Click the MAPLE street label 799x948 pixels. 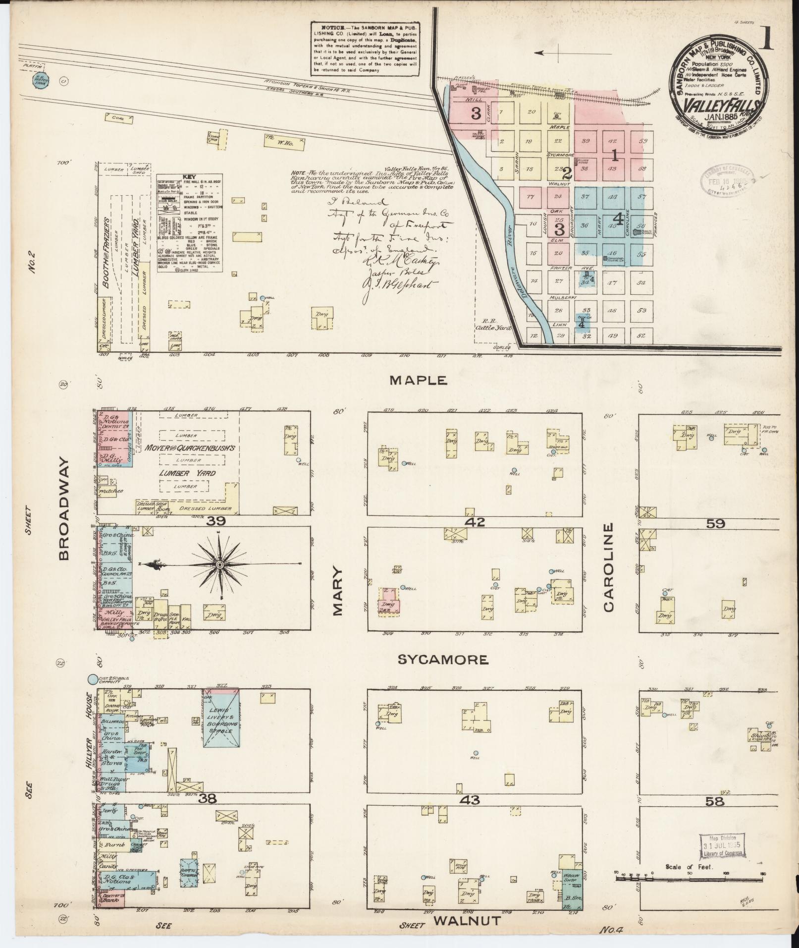point(419,381)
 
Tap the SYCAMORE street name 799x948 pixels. point(443,660)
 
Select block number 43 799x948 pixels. point(474,799)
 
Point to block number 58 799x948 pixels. point(716,801)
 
